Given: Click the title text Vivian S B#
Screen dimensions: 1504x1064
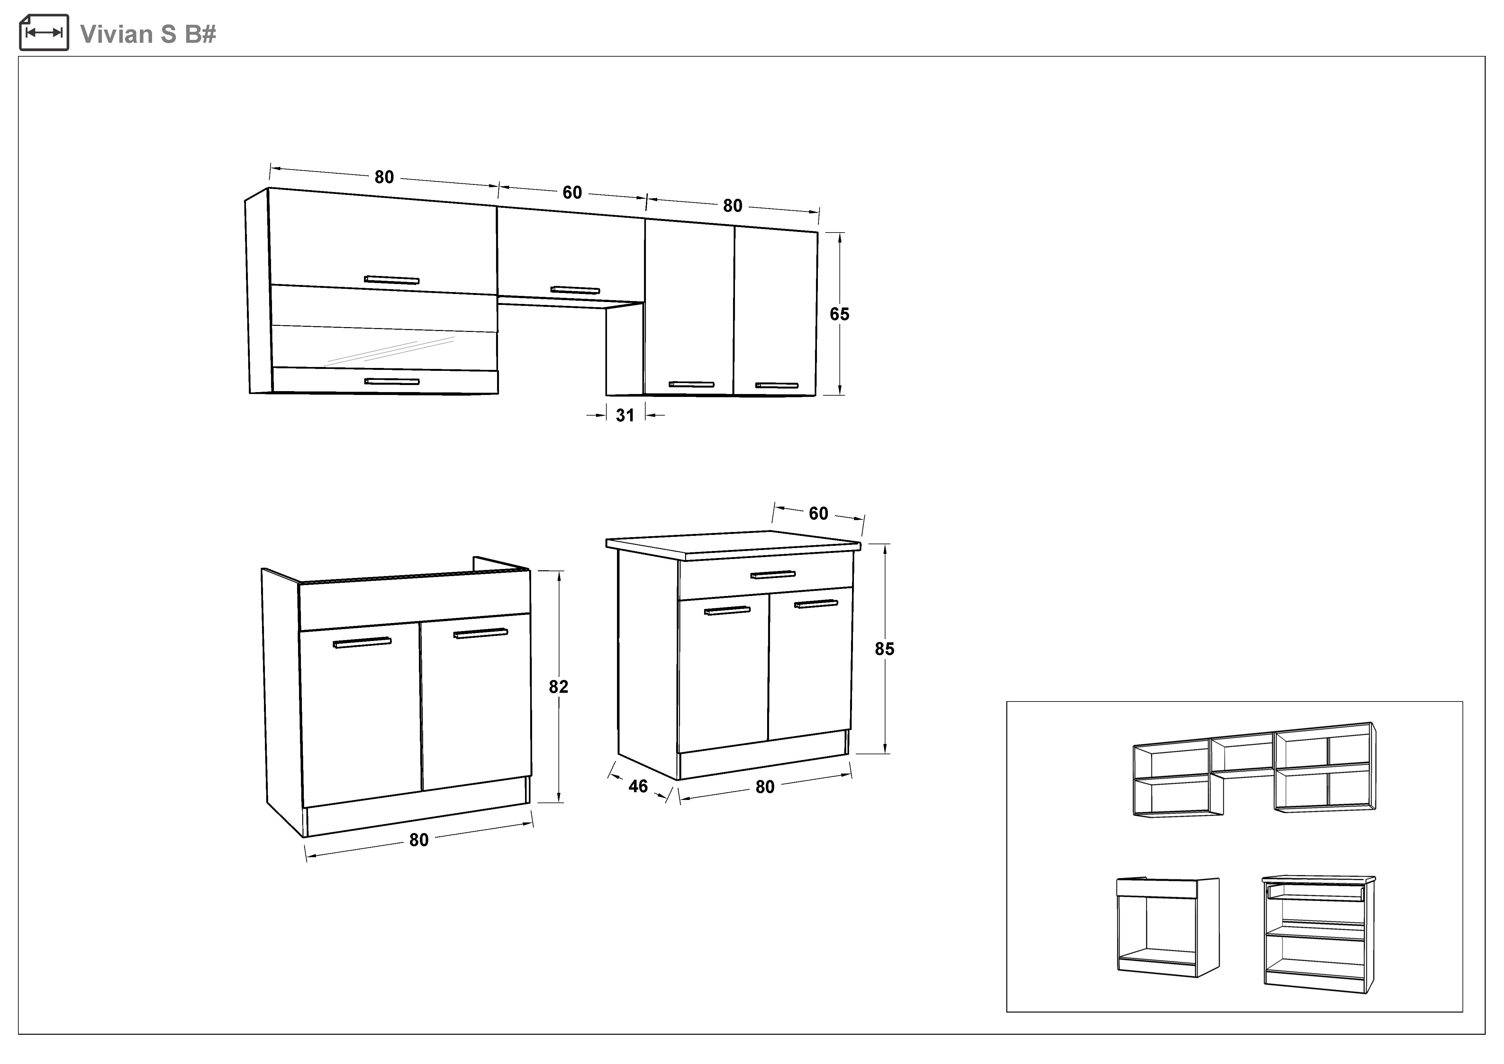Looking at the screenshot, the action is (148, 34).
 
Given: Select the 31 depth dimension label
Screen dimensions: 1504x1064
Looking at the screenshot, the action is (625, 415).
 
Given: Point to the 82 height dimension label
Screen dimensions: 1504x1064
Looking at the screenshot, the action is (558, 687).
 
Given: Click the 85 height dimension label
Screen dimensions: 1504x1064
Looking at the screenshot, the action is (884, 649).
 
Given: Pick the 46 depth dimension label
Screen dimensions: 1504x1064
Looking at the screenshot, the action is (638, 786).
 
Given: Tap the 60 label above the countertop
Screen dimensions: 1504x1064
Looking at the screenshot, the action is (818, 514).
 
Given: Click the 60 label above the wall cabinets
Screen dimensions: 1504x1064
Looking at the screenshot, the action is (572, 193).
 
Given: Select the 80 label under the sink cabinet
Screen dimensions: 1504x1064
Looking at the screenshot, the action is (419, 840).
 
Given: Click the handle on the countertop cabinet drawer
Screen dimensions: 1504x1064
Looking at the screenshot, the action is (773, 574).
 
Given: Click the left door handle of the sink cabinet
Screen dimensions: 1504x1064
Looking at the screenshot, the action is (362, 643).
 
